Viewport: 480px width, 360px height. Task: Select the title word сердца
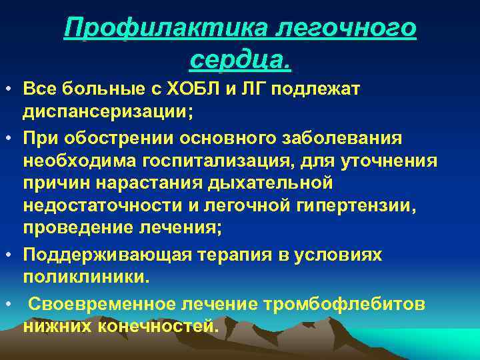(x=240, y=60)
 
